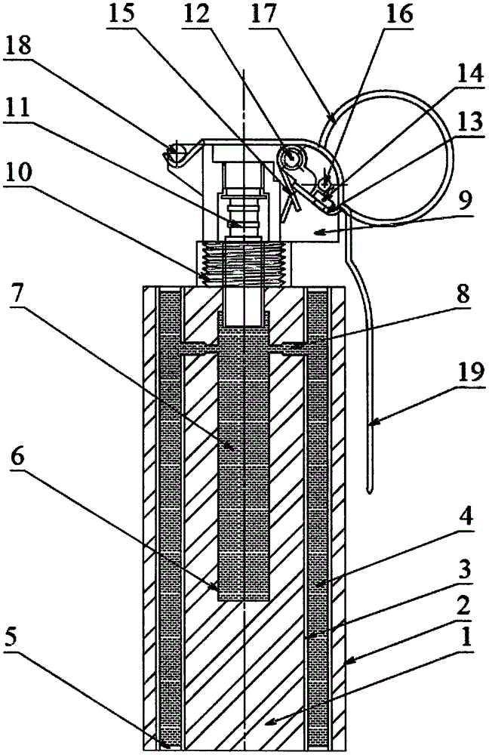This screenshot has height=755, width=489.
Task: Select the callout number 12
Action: tap(196, 14)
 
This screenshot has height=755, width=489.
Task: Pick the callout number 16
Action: tap(399, 14)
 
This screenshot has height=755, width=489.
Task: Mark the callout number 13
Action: tap(469, 122)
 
